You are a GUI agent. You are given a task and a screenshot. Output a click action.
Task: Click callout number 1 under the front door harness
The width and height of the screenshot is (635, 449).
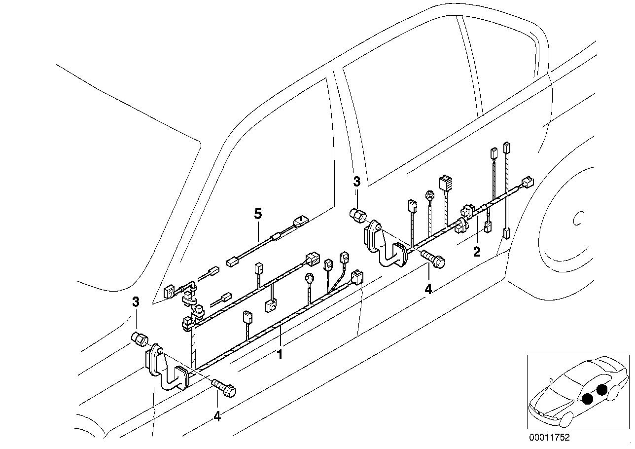pos(280,354)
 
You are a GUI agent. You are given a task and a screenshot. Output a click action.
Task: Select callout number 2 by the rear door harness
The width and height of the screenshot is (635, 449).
pos(476,252)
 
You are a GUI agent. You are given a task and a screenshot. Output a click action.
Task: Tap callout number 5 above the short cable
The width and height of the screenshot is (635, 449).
pos(257,214)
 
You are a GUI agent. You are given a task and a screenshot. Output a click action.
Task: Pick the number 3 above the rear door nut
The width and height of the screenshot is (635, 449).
pos(357,182)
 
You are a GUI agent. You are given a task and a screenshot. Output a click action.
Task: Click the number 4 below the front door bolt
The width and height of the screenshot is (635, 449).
pos(217,416)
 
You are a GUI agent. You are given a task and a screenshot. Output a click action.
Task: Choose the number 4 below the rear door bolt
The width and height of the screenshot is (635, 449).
pos(428,289)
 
